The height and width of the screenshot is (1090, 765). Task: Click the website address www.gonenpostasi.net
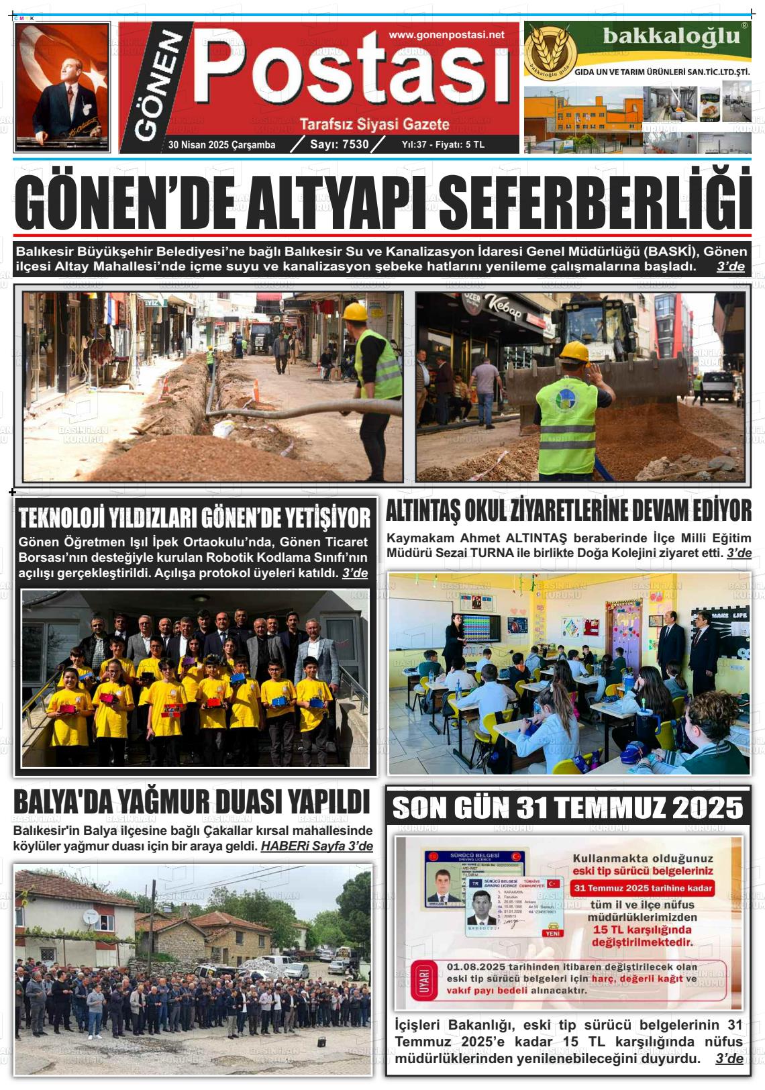(x=446, y=35)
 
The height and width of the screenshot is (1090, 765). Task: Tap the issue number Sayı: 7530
(x=339, y=144)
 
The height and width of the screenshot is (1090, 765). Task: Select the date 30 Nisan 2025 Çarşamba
(x=221, y=145)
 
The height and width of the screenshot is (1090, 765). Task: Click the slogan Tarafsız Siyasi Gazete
(x=374, y=124)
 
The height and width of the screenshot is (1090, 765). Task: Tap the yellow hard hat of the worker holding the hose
(x=354, y=311)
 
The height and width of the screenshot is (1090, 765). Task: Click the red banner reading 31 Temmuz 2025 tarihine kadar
(x=642, y=888)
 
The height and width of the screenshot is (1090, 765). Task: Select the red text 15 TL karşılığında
(x=642, y=930)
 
